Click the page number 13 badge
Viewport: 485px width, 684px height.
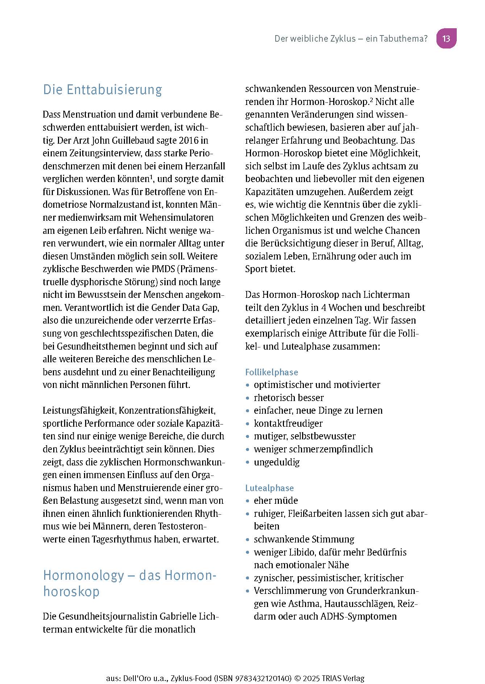click(446, 38)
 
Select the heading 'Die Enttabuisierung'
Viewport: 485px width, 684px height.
click(103, 89)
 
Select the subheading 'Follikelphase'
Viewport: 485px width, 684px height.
click(272, 372)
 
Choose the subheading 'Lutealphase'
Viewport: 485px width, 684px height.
click(269, 488)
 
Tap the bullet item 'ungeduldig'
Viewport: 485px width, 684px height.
click(277, 462)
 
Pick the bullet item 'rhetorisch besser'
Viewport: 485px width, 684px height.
click(289, 398)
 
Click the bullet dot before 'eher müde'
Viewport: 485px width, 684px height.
click(248, 501)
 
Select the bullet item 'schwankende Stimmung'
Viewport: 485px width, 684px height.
click(304, 539)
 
